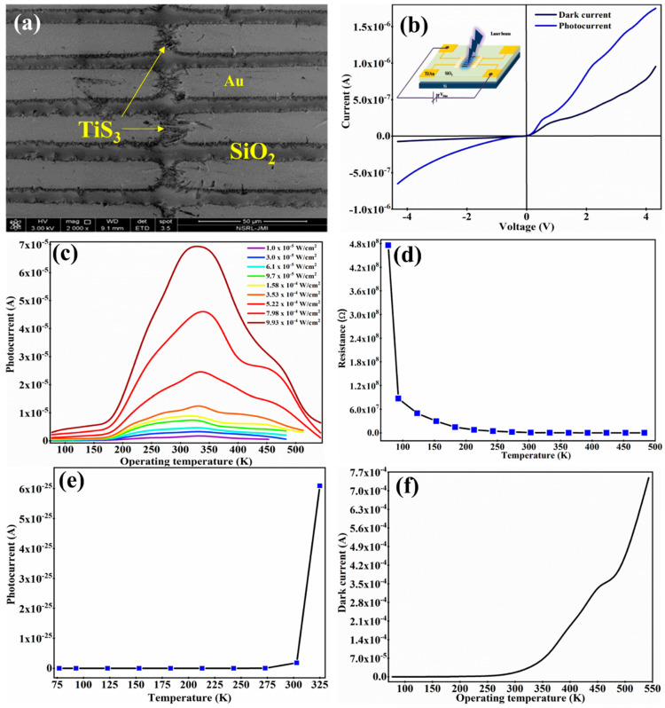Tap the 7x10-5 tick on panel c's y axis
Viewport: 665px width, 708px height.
coord(32,244)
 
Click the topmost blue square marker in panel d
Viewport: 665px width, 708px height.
coord(387,245)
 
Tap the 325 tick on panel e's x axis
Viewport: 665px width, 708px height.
coord(317,684)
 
